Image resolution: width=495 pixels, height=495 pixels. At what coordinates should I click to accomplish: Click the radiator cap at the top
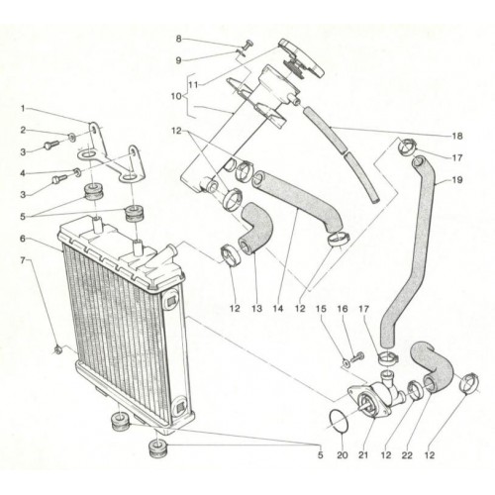302,59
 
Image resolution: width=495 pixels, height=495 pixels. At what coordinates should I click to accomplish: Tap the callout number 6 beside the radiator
23,239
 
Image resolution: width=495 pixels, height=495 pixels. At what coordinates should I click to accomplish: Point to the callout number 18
457,136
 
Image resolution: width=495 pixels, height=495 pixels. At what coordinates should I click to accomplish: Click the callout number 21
363,455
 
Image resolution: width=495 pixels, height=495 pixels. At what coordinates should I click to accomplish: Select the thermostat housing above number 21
376,396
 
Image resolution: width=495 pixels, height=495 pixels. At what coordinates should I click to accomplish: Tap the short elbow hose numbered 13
255,231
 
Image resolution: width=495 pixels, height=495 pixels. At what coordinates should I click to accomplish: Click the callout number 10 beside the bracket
176,96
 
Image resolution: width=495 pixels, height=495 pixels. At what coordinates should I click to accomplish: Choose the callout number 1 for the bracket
23,108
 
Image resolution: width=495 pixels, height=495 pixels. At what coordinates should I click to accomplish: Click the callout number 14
278,309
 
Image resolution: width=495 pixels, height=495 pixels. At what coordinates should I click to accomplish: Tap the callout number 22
407,455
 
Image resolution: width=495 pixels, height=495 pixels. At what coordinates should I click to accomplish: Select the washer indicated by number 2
71,136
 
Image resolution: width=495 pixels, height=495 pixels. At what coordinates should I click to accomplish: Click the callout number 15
321,309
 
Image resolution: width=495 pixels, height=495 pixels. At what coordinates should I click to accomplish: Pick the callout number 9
178,60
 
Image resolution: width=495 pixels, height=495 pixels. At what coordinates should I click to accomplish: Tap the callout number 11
193,85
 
